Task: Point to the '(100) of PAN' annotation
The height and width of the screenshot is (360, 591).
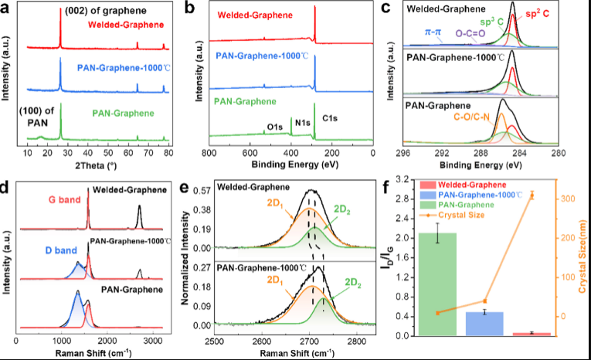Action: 39,117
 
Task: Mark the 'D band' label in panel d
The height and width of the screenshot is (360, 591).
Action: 53,252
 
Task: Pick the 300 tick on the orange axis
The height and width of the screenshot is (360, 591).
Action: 568,199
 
